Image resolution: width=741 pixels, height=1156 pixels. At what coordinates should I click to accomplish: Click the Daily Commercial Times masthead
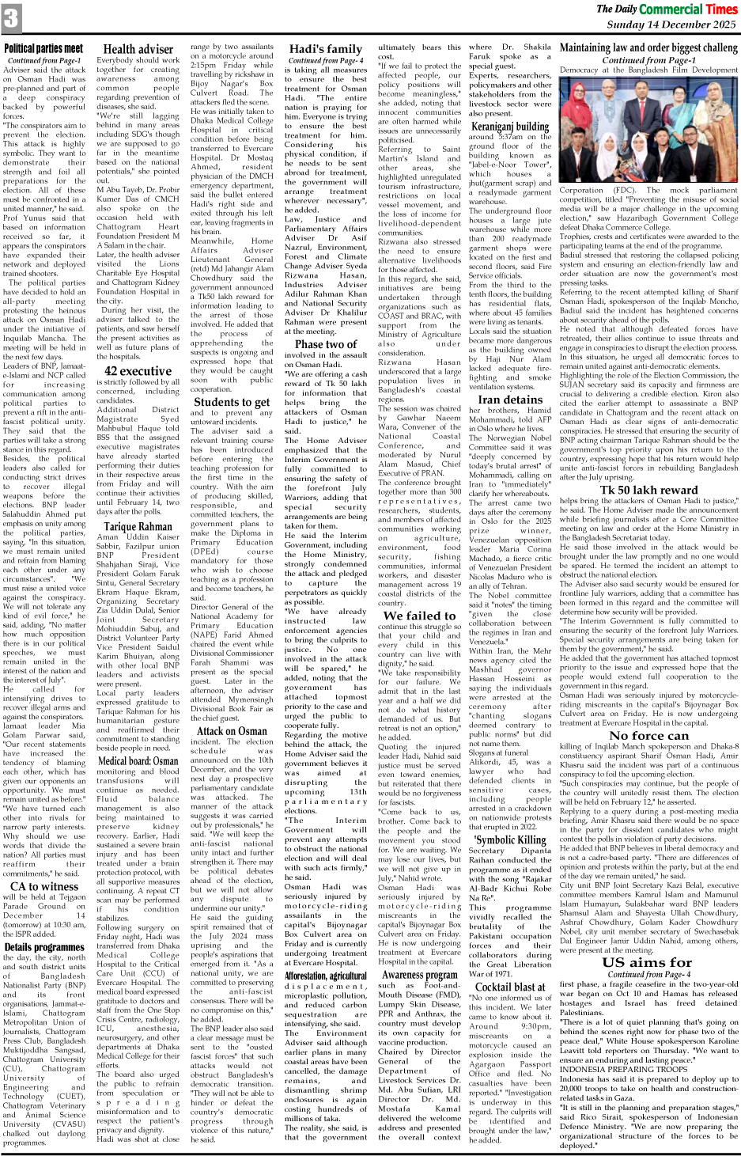667,9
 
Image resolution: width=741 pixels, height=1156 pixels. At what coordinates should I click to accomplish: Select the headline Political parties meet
43,49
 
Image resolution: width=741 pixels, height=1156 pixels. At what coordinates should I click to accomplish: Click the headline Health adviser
138,49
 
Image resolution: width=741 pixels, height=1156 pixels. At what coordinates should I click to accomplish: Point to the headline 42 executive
138,370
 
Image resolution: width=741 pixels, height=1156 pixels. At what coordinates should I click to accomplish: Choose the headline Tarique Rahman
138,526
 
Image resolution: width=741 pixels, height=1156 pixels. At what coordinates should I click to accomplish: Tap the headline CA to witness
43,886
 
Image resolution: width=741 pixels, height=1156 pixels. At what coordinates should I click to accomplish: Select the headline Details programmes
43,946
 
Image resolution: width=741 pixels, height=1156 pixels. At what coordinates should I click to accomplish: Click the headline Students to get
232,402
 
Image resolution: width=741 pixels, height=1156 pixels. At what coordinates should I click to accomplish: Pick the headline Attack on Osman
232,731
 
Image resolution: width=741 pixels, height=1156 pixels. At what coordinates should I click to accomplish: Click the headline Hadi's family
325,49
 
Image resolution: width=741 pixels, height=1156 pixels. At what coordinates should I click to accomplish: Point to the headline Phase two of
325,344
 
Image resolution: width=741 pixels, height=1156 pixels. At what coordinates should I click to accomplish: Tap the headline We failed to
419,616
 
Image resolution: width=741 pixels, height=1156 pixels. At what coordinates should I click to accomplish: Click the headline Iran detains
510,400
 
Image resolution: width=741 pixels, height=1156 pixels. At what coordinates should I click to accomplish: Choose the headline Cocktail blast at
510,987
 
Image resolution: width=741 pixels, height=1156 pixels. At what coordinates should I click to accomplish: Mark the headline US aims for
647,962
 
